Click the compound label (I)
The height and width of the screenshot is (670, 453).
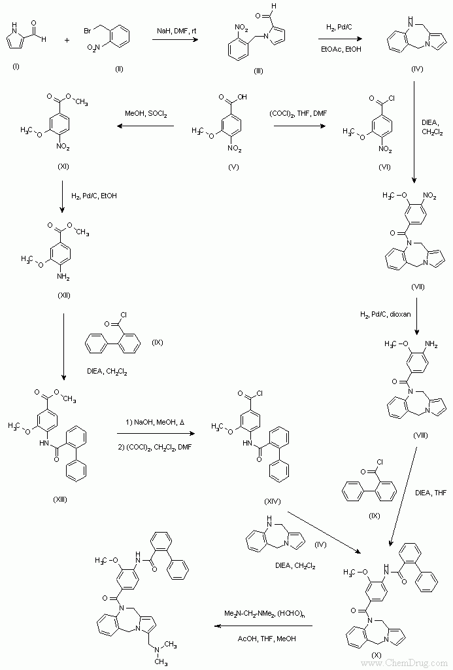pyautogui.click(x=16, y=66)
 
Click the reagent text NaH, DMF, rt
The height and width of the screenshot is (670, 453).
pyautogui.click(x=177, y=31)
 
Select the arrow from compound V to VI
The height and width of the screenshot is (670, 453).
pyautogui.click(x=299, y=126)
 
